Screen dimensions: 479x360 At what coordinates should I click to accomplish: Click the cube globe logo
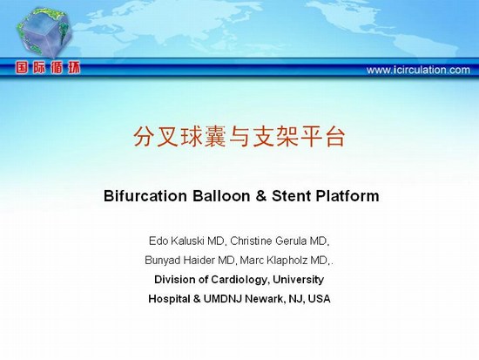[44, 32]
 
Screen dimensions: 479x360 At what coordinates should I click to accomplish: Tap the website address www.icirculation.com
[418, 70]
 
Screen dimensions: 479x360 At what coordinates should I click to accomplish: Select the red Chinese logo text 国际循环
[48, 68]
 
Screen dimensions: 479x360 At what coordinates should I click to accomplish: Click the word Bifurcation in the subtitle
[145, 196]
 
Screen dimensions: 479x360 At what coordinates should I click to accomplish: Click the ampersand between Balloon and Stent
[261, 196]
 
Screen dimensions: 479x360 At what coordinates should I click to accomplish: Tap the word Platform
[347, 196]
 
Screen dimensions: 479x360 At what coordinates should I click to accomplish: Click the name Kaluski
[186, 241]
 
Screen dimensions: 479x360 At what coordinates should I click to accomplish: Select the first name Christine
[251, 241]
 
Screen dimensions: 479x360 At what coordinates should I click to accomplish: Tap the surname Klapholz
[287, 261]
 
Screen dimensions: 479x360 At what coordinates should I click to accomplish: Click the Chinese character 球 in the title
[192, 136]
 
